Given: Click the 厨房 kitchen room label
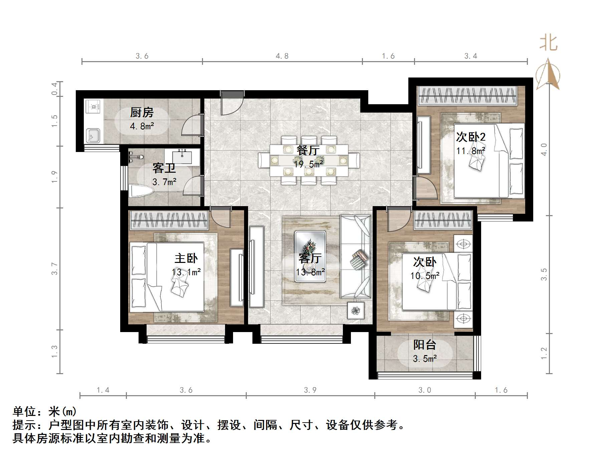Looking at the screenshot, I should pos(142,113).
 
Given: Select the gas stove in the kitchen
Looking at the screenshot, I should pos(93,107).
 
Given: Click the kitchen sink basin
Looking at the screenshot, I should pos(92,135).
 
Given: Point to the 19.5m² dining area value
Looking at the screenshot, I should pos(308,164).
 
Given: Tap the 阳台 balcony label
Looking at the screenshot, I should pos(424,345).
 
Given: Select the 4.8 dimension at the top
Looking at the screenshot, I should pos(282,56).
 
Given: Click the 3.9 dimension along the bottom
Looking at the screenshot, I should pos(310,390).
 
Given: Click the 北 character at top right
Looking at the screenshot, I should pos(548,43).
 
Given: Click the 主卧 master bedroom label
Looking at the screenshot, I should pos(186,258).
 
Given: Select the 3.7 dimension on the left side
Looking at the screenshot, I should pos(54,269).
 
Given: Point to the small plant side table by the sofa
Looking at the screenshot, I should pos(356,310).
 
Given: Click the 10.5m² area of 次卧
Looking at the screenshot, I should pos(425,276).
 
